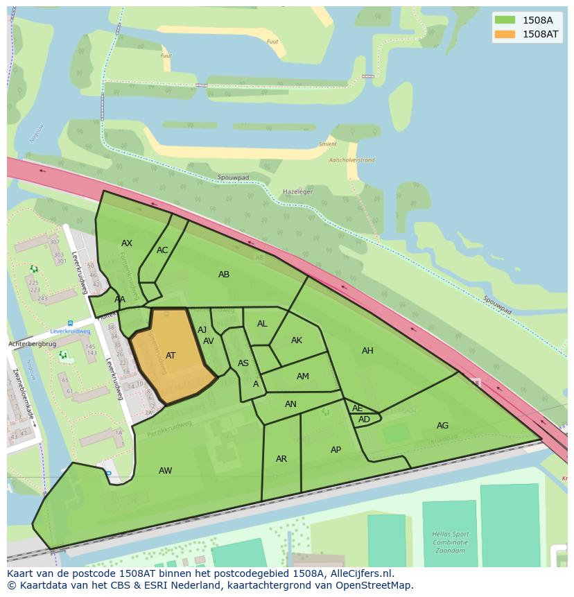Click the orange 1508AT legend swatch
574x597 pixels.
[x=505, y=34]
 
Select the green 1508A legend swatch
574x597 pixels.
[x=505, y=20]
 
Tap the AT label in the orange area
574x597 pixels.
[x=171, y=356]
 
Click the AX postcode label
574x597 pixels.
[x=127, y=243]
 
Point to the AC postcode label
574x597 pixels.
[x=162, y=250]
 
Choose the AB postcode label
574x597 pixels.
[x=224, y=275]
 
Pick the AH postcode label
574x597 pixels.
[x=367, y=351]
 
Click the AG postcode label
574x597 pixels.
[x=442, y=426]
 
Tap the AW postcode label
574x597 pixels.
[x=165, y=471]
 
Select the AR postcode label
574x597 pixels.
[x=281, y=459]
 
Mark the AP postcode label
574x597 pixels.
[x=336, y=450]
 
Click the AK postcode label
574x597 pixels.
[x=297, y=340]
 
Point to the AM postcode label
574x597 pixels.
[x=303, y=377]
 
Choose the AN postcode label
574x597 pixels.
[x=290, y=404]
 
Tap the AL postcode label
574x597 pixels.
[x=262, y=324]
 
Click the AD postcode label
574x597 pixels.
[x=364, y=419]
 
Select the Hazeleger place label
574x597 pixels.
[x=297, y=191]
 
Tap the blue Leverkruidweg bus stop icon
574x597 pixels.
[x=70, y=323]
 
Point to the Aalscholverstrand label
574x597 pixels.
[x=351, y=160]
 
